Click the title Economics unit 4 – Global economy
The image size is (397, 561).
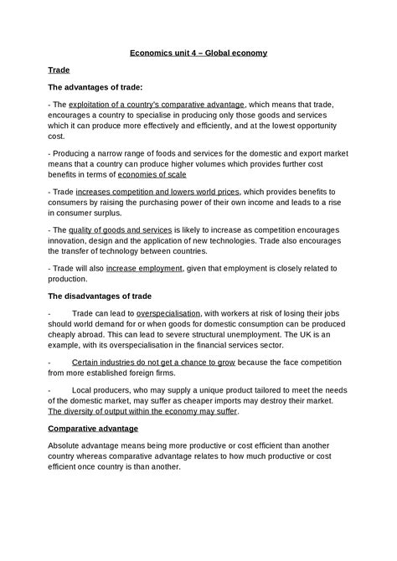tap(198, 53)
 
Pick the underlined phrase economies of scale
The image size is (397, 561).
tap(152, 175)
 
